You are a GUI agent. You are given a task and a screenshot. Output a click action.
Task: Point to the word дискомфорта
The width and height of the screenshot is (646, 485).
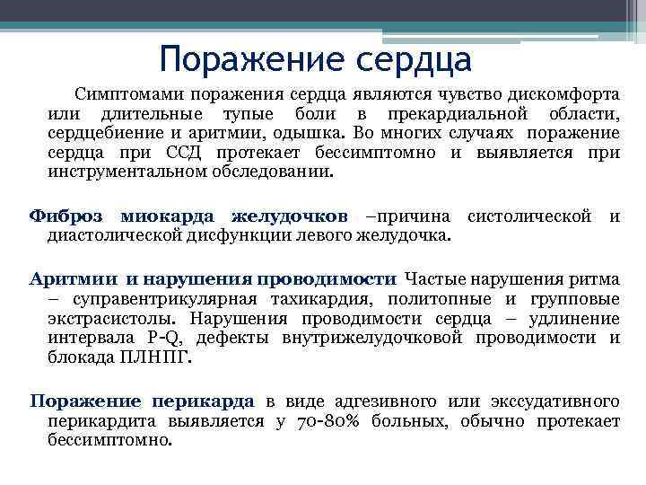(x=548, y=94)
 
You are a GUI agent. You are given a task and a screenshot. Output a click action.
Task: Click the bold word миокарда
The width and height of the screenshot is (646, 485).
(x=166, y=216)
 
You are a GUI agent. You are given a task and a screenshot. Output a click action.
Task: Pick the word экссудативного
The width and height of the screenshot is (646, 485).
(x=555, y=401)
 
